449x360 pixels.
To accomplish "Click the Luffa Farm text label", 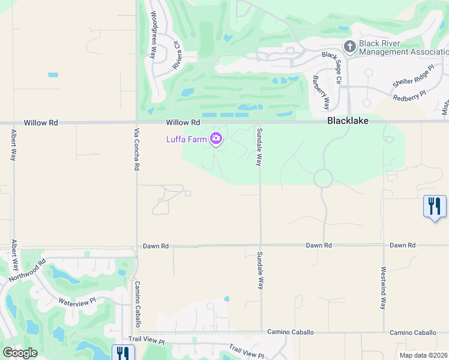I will click(x=186, y=140).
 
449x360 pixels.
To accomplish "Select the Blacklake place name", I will click(x=348, y=121).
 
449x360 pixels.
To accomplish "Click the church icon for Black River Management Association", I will click(x=349, y=46).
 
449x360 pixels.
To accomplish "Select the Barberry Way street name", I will click(x=321, y=92).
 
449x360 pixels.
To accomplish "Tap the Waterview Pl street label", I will click(x=76, y=301).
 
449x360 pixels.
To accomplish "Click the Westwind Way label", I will click(x=382, y=287).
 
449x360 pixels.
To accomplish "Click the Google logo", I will click(x=20, y=353).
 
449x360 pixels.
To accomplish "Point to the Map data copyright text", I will click(x=424, y=355).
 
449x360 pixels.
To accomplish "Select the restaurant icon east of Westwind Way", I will click(x=435, y=206).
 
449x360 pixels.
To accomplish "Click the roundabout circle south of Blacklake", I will click(x=323, y=178).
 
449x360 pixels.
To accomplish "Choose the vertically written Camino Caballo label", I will click(x=137, y=304).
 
